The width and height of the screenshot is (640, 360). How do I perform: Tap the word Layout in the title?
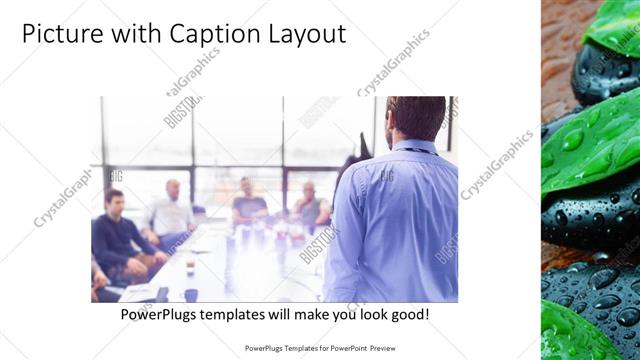(x=304, y=34)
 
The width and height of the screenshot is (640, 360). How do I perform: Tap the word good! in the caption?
(x=410, y=314)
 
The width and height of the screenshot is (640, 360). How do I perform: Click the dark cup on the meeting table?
(x=189, y=294)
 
